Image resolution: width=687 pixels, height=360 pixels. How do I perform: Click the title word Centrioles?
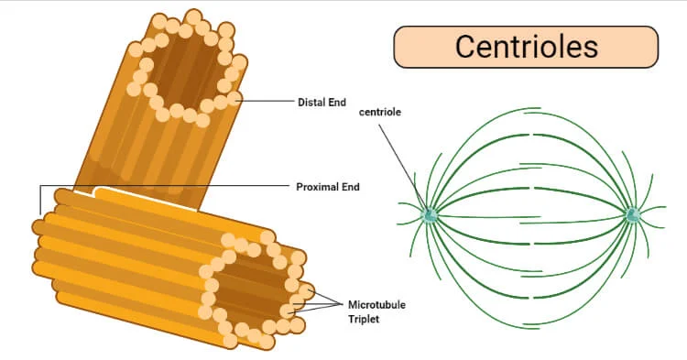(526, 46)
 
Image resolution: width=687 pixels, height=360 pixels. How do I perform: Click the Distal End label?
(322, 102)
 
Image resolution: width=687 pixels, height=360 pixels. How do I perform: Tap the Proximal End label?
(327, 187)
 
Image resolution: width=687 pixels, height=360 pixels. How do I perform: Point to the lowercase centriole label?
(379, 112)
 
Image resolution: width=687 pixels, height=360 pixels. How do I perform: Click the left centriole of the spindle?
(430, 215)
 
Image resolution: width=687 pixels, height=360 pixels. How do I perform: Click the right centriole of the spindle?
(632, 215)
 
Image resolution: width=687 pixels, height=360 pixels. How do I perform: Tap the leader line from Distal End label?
(266, 99)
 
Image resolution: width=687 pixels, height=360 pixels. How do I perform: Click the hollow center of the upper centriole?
(189, 69)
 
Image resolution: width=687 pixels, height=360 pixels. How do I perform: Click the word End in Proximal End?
(350, 187)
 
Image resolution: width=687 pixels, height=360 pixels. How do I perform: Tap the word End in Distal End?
(337, 102)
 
